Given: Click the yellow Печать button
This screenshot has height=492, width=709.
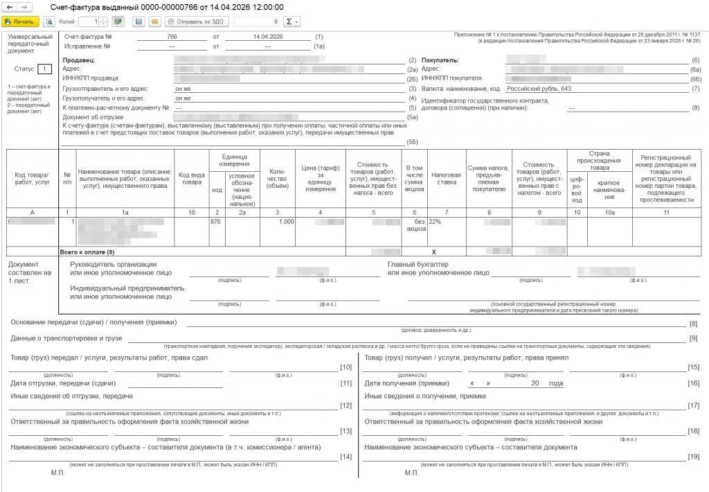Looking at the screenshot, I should pos(20,21).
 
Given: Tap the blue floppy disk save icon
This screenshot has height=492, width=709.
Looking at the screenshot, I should pos(138,21).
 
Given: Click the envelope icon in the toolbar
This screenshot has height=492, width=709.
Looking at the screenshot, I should pos(154,21).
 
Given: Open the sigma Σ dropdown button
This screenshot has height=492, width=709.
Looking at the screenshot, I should pos(293,21).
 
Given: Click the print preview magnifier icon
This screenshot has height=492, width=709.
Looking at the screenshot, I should pos(49,21).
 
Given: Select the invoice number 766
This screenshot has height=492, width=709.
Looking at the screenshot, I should pos(172,36).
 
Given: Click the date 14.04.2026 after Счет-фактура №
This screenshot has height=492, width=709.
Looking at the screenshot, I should pos(267,36).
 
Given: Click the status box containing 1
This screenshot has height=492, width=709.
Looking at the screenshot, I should pos(44,69).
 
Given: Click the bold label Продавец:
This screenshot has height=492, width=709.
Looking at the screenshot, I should pos(79,60).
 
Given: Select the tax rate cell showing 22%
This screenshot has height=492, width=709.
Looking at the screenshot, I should pos(435,222).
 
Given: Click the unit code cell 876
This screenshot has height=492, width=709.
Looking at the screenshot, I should pos(217,222).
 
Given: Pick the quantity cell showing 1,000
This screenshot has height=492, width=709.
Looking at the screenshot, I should pos(286,222).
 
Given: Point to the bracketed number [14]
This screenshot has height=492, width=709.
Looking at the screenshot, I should pos(692,456).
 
